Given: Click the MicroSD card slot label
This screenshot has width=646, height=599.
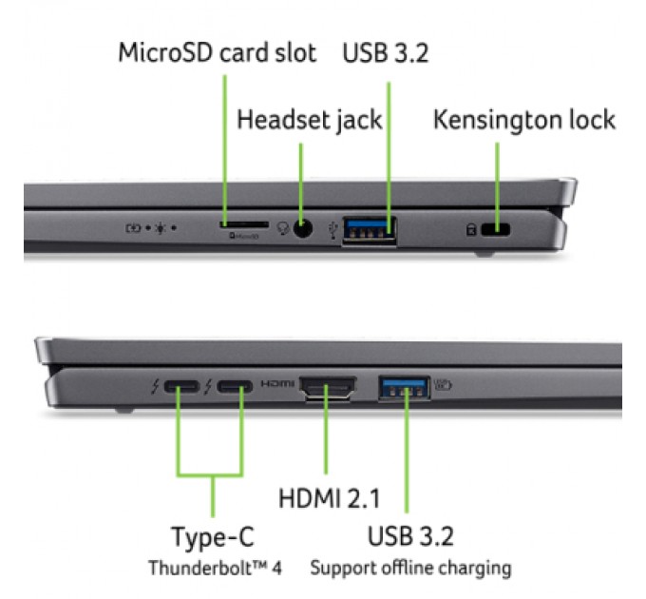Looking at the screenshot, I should (x=218, y=52).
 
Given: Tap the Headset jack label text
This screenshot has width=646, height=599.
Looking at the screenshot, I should (x=309, y=120).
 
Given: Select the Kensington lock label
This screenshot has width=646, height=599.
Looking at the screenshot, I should (x=524, y=120).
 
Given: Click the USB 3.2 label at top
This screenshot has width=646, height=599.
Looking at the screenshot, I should (x=386, y=52).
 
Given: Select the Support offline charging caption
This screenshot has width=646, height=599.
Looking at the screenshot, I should (x=409, y=569).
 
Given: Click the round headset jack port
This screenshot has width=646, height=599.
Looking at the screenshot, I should (x=303, y=228).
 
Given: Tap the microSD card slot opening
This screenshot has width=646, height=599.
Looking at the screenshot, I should (x=243, y=226).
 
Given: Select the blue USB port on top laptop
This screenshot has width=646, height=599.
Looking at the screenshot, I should (x=370, y=229).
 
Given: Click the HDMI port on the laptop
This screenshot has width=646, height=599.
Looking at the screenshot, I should (x=328, y=388).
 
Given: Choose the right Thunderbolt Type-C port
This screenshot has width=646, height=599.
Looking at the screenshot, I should (x=234, y=388).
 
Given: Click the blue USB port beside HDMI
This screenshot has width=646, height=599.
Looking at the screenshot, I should (x=405, y=387).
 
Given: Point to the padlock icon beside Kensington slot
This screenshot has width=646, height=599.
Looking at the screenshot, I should (x=469, y=229).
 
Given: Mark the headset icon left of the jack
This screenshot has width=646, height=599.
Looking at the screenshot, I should (x=282, y=229).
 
